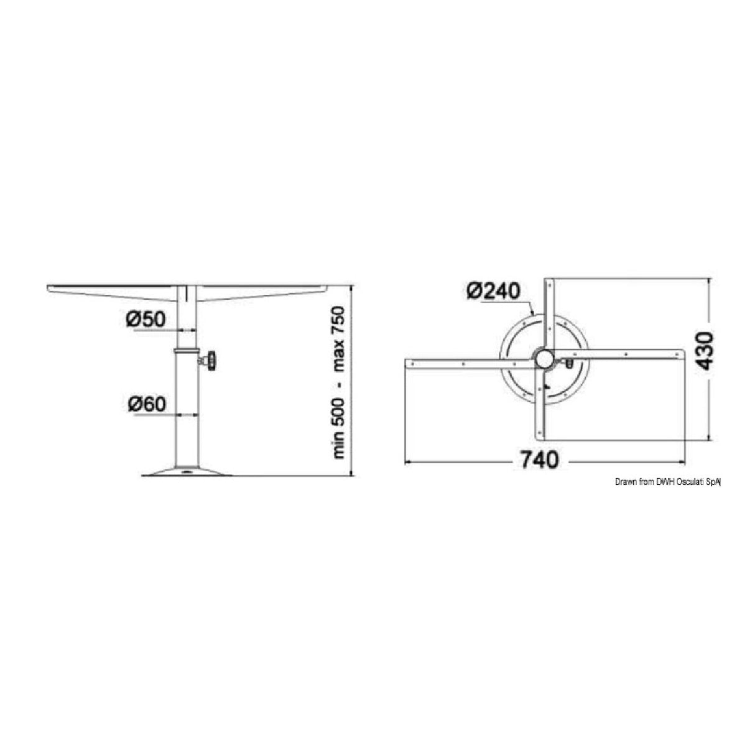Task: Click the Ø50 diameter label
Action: click(146, 320)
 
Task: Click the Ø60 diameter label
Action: click(147, 404)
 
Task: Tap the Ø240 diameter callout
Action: click(493, 291)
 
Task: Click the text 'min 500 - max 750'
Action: click(338, 383)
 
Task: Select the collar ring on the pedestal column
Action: click(186, 351)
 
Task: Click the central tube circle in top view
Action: click(545, 358)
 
